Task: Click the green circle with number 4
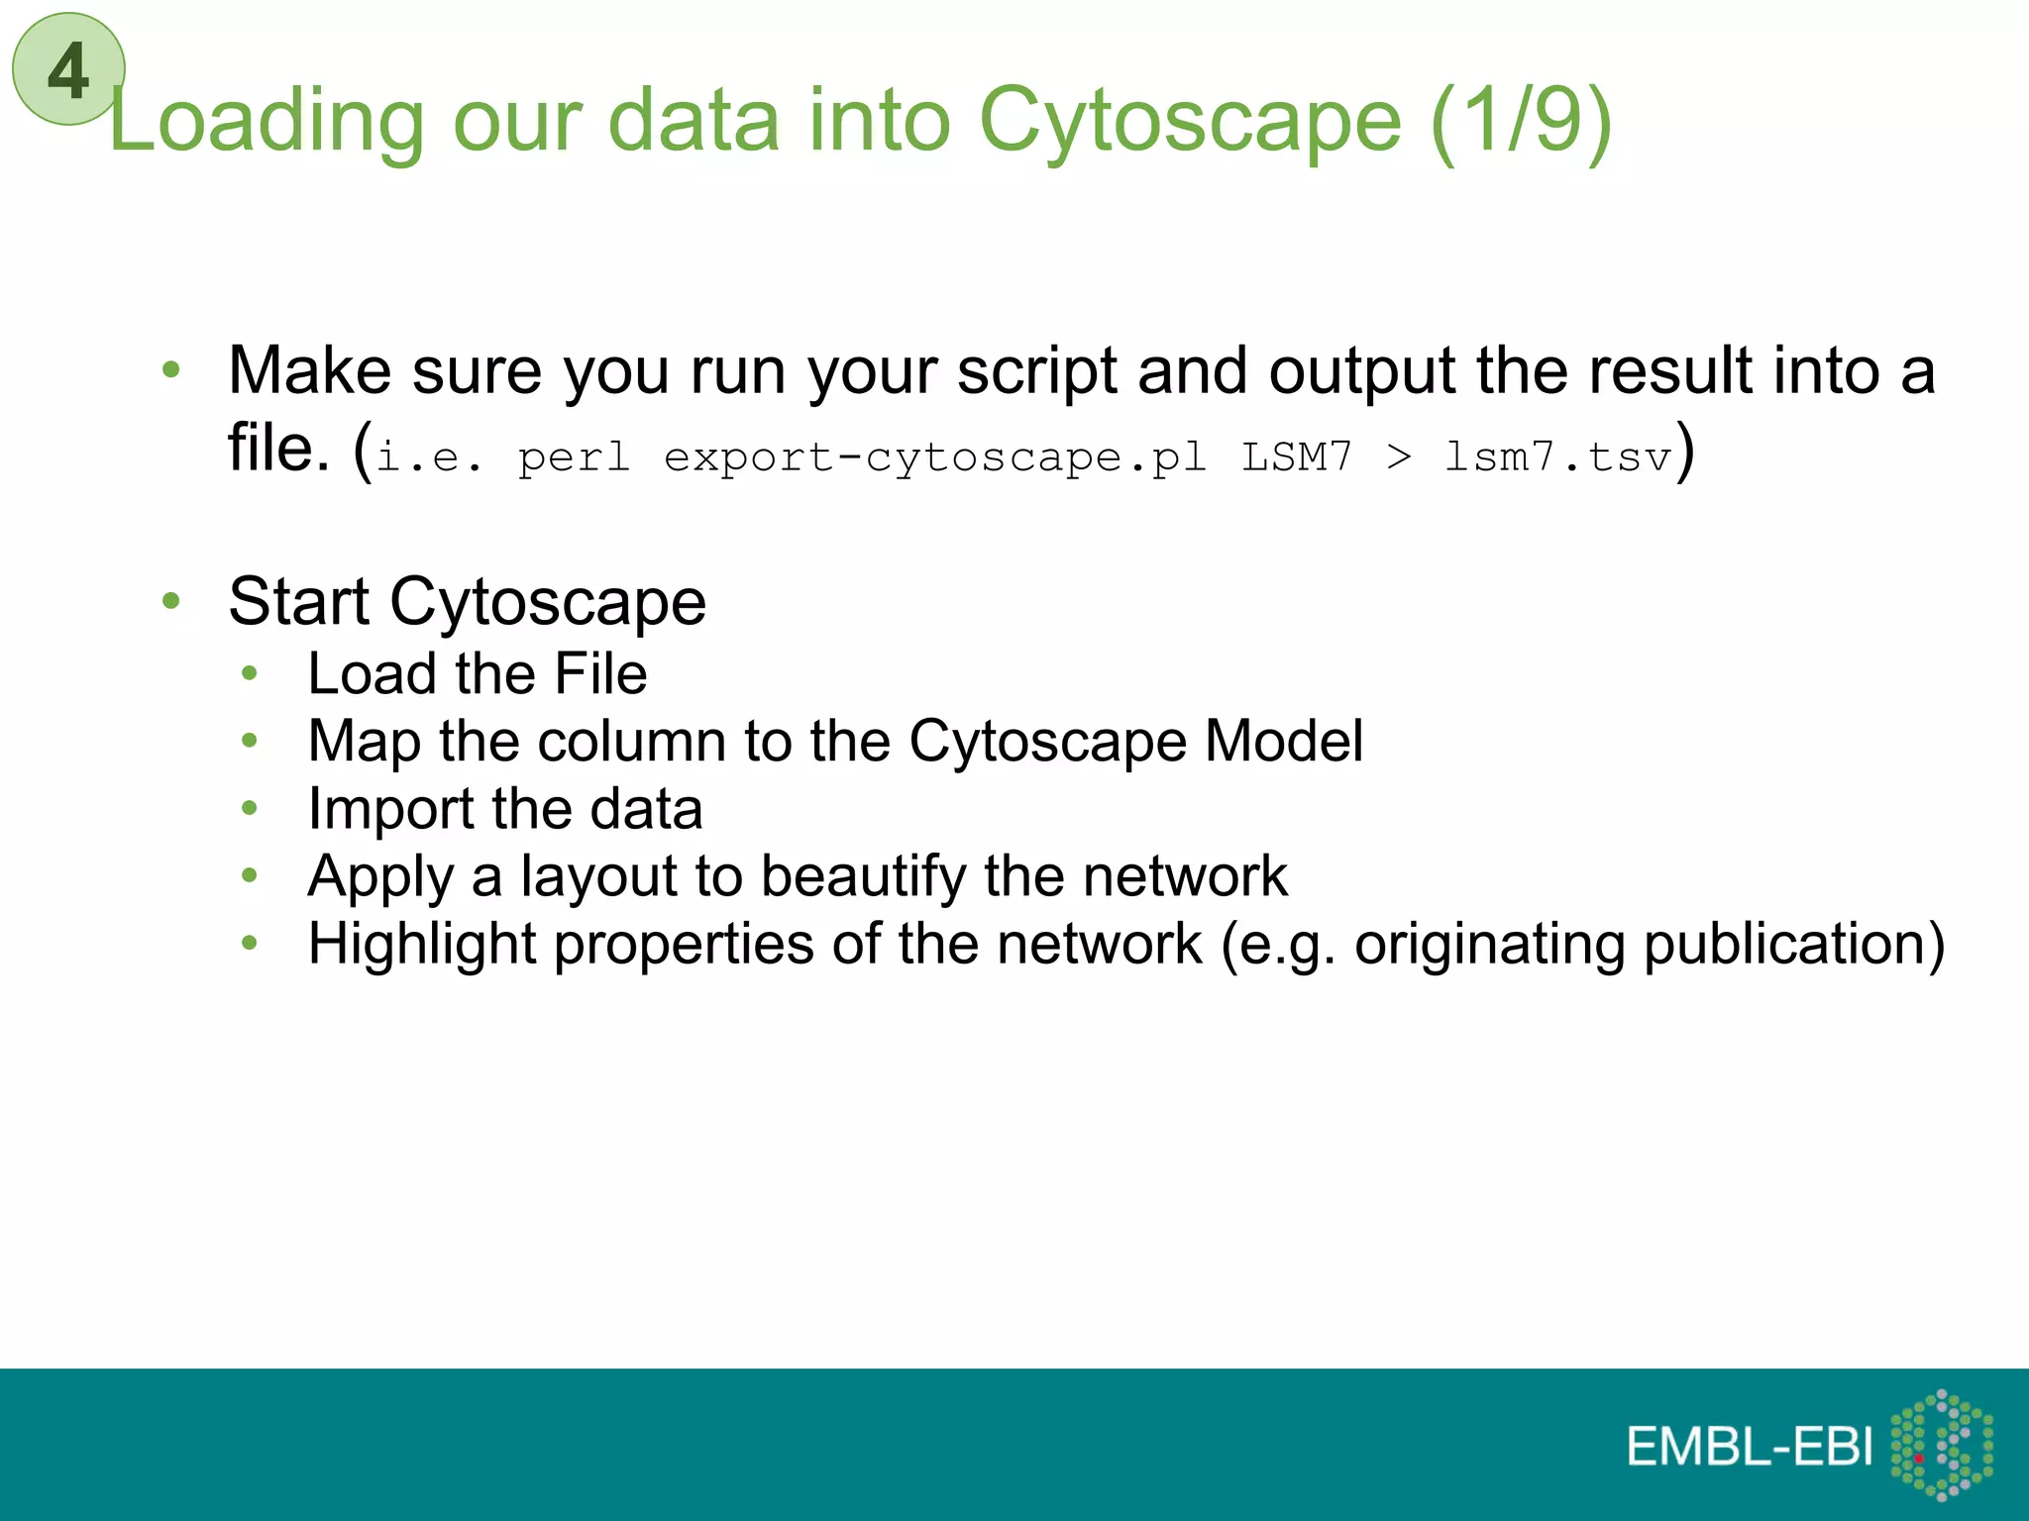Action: pyautogui.click(x=68, y=69)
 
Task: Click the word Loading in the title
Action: pyautogui.click(x=266, y=121)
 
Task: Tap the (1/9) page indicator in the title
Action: pyautogui.click(x=1522, y=121)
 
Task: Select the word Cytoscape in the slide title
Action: pyautogui.click(x=1190, y=121)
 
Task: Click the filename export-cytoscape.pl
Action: pyautogui.click(x=934, y=457)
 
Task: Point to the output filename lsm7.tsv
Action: pyautogui.click(x=1557, y=457)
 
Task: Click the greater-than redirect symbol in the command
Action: pyautogui.click(x=1398, y=457)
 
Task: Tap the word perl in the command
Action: pyautogui.click(x=574, y=457)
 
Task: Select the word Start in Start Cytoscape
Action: pyautogui.click(x=298, y=601)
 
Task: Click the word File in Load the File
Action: pyautogui.click(x=600, y=674)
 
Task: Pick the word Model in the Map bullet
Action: pyautogui.click(x=1284, y=741)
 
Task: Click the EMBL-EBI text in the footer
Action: pyautogui.click(x=1750, y=1447)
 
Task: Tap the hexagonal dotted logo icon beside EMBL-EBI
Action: pyautogui.click(x=1942, y=1445)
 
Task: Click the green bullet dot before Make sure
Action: pyautogui.click(x=171, y=370)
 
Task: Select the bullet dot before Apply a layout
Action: pyautogui.click(x=250, y=875)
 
